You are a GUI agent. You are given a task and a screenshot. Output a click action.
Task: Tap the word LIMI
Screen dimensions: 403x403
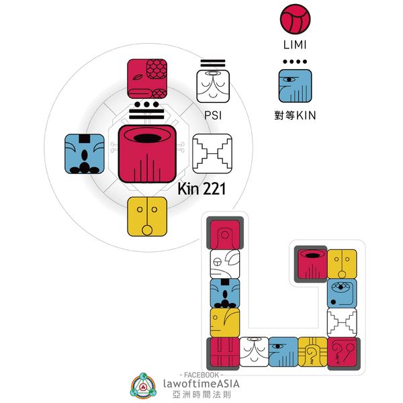pyautogui.click(x=296, y=44)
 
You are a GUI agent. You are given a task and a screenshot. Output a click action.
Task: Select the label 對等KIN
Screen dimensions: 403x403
pyautogui.click(x=296, y=115)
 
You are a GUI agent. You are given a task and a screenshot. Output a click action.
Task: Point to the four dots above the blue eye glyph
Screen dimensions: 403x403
pyautogui.click(x=296, y=62)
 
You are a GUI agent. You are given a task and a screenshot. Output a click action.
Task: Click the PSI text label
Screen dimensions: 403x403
pyautogui.click(x=212, y=115)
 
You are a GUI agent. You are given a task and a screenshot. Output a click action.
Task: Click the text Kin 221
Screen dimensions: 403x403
pyautogui.click(x=201, y=189)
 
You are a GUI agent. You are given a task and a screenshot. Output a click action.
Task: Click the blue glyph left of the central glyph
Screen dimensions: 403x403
pyautogui.click(x=84, y=153)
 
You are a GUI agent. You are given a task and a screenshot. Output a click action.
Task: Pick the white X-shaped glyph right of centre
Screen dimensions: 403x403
pyautogui.click(x=212, y=153)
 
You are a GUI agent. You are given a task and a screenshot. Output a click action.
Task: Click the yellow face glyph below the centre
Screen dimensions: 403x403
pyautogui.click(x=147, y=216)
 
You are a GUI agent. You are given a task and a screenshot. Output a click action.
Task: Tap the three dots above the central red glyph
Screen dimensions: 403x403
pyautogui.click(x=147, y=107)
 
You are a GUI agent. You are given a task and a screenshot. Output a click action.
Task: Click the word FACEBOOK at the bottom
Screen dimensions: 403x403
pyautogui.click(x=202, y=373)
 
